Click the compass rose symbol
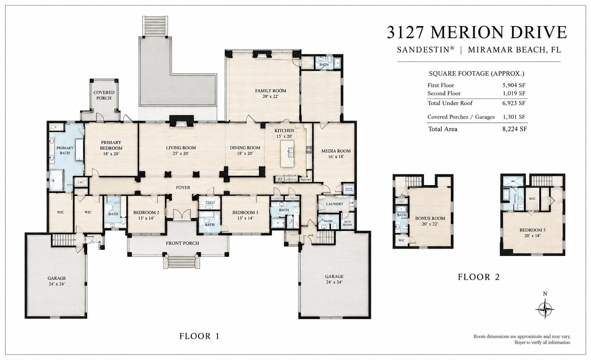click(545, 309)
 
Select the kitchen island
click(287, 154)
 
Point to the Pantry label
click(306, 180)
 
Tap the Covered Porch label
click(104, 95)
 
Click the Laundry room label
click(335, 204)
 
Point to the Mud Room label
click(347, 223)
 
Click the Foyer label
click(183, 188)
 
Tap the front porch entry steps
click(182, 262)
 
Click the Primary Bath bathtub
click(79, 150)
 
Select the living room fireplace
click(182, 122)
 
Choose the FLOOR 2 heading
click(478, 277)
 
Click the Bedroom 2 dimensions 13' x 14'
click(146, 218)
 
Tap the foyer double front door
click(182, 214)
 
